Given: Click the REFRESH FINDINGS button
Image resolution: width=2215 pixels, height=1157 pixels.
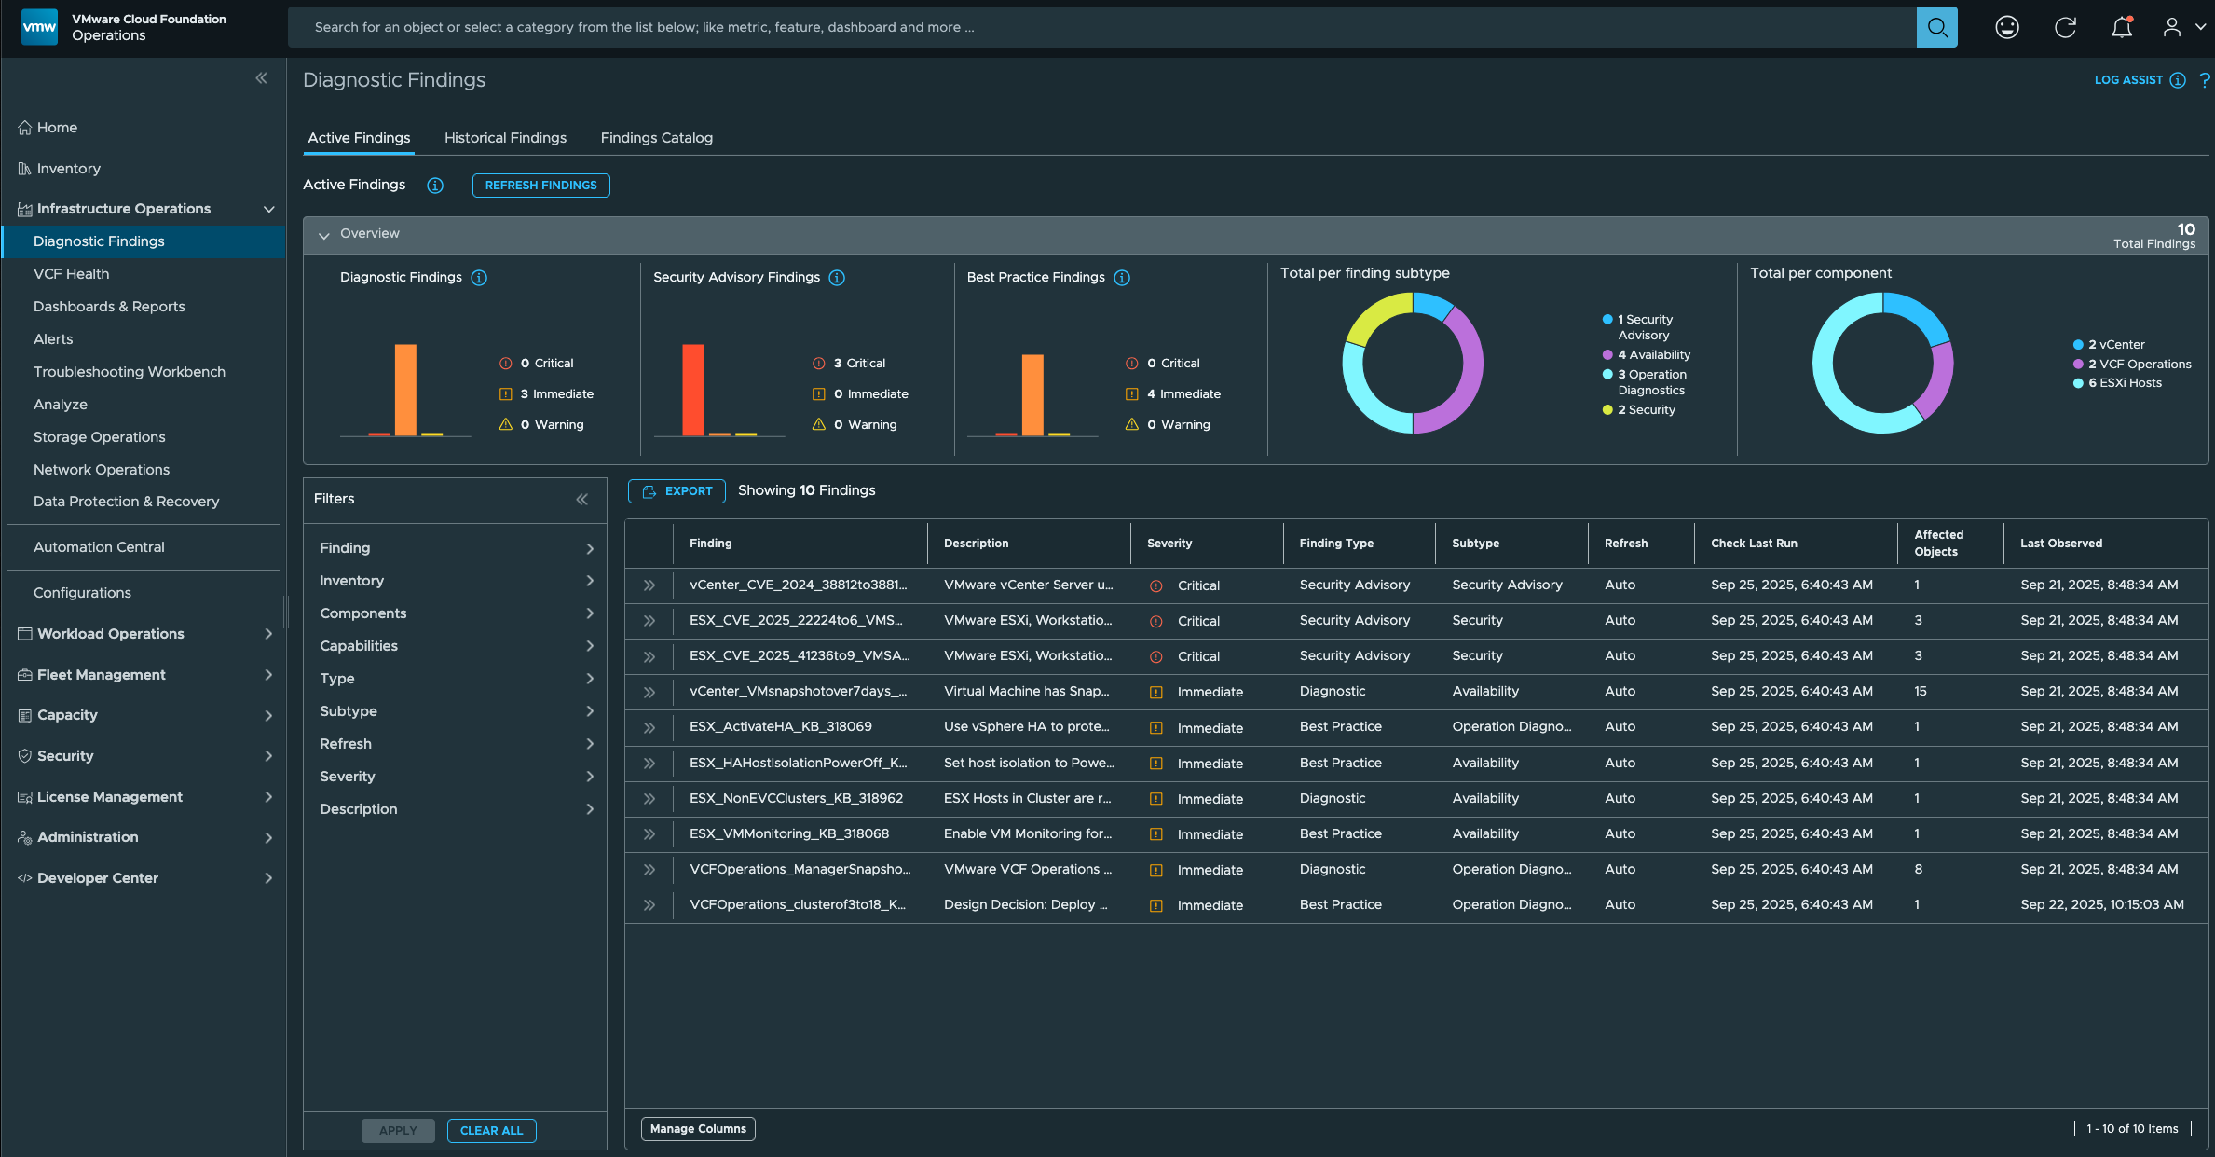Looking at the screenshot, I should tap(540, 186).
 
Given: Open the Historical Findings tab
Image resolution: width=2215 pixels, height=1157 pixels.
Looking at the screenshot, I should tap(505, 138).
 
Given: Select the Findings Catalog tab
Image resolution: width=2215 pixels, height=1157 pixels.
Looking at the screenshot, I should tap(656, 138).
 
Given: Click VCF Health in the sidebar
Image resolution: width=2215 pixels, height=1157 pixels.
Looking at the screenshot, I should tap(71, 274).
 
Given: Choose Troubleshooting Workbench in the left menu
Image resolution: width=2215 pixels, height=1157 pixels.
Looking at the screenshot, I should tap(129, 372).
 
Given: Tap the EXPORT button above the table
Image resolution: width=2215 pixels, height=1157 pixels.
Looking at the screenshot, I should tap(677, 491).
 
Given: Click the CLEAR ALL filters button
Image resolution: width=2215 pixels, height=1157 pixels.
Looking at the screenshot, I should tap(491, 1131).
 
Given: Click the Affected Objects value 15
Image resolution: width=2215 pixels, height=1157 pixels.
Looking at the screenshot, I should tap(1921, 692).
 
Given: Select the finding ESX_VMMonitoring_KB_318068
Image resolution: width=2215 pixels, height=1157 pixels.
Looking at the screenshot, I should tap(788, 834).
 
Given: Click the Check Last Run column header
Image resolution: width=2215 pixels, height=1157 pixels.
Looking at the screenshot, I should tap(1754, 544).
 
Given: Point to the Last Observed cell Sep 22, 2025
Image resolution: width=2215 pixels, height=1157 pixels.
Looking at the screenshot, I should tap(2101, 905).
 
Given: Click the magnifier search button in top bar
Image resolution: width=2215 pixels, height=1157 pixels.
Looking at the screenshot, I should tap(1936, 28).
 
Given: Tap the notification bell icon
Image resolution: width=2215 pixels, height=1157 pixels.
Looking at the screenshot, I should tap(2121, 28).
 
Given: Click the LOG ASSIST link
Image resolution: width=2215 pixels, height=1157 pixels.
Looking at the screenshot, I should tap(2128, 80).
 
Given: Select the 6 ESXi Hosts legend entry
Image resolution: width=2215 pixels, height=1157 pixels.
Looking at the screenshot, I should tap(2124, 383).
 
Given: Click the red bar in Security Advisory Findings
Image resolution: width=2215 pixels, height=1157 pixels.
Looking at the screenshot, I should tap(692, 390).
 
